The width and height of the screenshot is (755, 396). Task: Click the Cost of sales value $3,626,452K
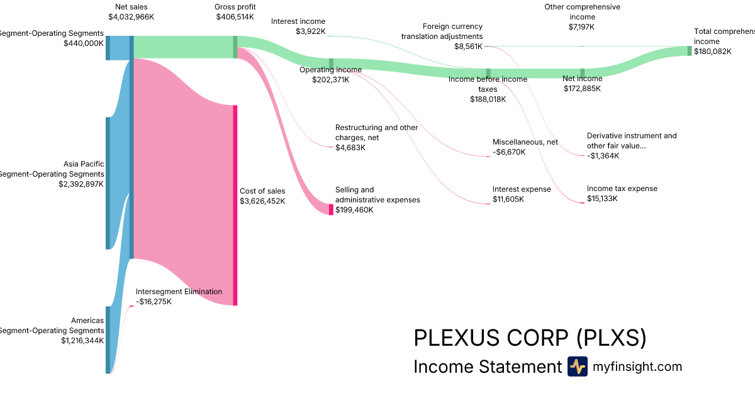[262, 201]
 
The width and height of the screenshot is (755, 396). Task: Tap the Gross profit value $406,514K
[235, 17]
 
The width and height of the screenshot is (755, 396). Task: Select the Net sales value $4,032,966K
[131, 17]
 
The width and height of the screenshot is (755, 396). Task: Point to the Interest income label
[298, 21]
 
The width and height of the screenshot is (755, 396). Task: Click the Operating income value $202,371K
[330, 79]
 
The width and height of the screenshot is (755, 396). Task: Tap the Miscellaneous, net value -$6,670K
[509, 152]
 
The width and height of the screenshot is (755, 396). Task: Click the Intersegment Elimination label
[179, 292]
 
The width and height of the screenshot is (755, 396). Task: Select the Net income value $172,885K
[582, 89]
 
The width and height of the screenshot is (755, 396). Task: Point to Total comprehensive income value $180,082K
[713, 52]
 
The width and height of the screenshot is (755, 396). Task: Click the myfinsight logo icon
[577, 366]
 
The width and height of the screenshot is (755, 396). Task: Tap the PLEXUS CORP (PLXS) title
[530, 338]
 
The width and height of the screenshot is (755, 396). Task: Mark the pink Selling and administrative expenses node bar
[331, 209]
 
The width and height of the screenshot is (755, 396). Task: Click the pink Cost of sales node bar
[235, 205]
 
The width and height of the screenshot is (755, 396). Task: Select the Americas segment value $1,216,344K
[82, 341]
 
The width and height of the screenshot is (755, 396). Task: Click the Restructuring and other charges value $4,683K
[350, 148]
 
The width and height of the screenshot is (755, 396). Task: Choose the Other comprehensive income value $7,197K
[581, 27]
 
